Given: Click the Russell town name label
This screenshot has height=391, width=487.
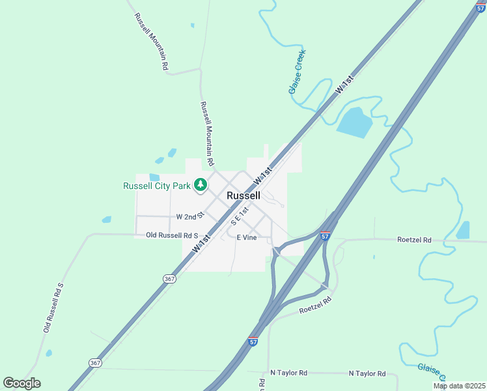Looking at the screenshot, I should click(244, 195).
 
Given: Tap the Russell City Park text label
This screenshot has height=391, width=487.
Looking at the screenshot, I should click(157, 186).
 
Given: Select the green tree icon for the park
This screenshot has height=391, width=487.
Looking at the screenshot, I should click(201, 185).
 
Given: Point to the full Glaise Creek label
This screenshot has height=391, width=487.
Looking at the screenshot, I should click(297, 72).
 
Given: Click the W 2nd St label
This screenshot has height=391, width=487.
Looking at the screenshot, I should click(190, 216).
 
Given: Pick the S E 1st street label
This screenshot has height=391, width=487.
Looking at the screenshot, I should click(240, 217).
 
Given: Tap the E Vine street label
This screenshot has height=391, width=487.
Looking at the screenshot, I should click(246, 238).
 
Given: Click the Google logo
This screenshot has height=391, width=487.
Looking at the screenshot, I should click(21, 383).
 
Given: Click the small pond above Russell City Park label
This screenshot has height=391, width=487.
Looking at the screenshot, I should click(154, 177).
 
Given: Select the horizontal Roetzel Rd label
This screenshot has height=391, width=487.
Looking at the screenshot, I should click(414, 240).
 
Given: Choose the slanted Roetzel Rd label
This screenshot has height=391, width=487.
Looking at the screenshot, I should click(315, 306).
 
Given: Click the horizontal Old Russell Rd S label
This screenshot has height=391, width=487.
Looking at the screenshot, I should click(171, 235).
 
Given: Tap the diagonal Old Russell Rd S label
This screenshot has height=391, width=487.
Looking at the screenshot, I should click(53, 307).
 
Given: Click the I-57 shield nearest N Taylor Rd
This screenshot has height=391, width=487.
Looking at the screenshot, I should click(253, 341).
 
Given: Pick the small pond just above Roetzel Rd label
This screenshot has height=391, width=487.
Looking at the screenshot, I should click(463, 230).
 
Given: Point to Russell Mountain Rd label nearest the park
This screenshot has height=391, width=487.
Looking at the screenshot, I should click(207, 133).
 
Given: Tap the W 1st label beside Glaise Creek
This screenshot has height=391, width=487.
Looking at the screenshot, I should click(344, 86).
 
